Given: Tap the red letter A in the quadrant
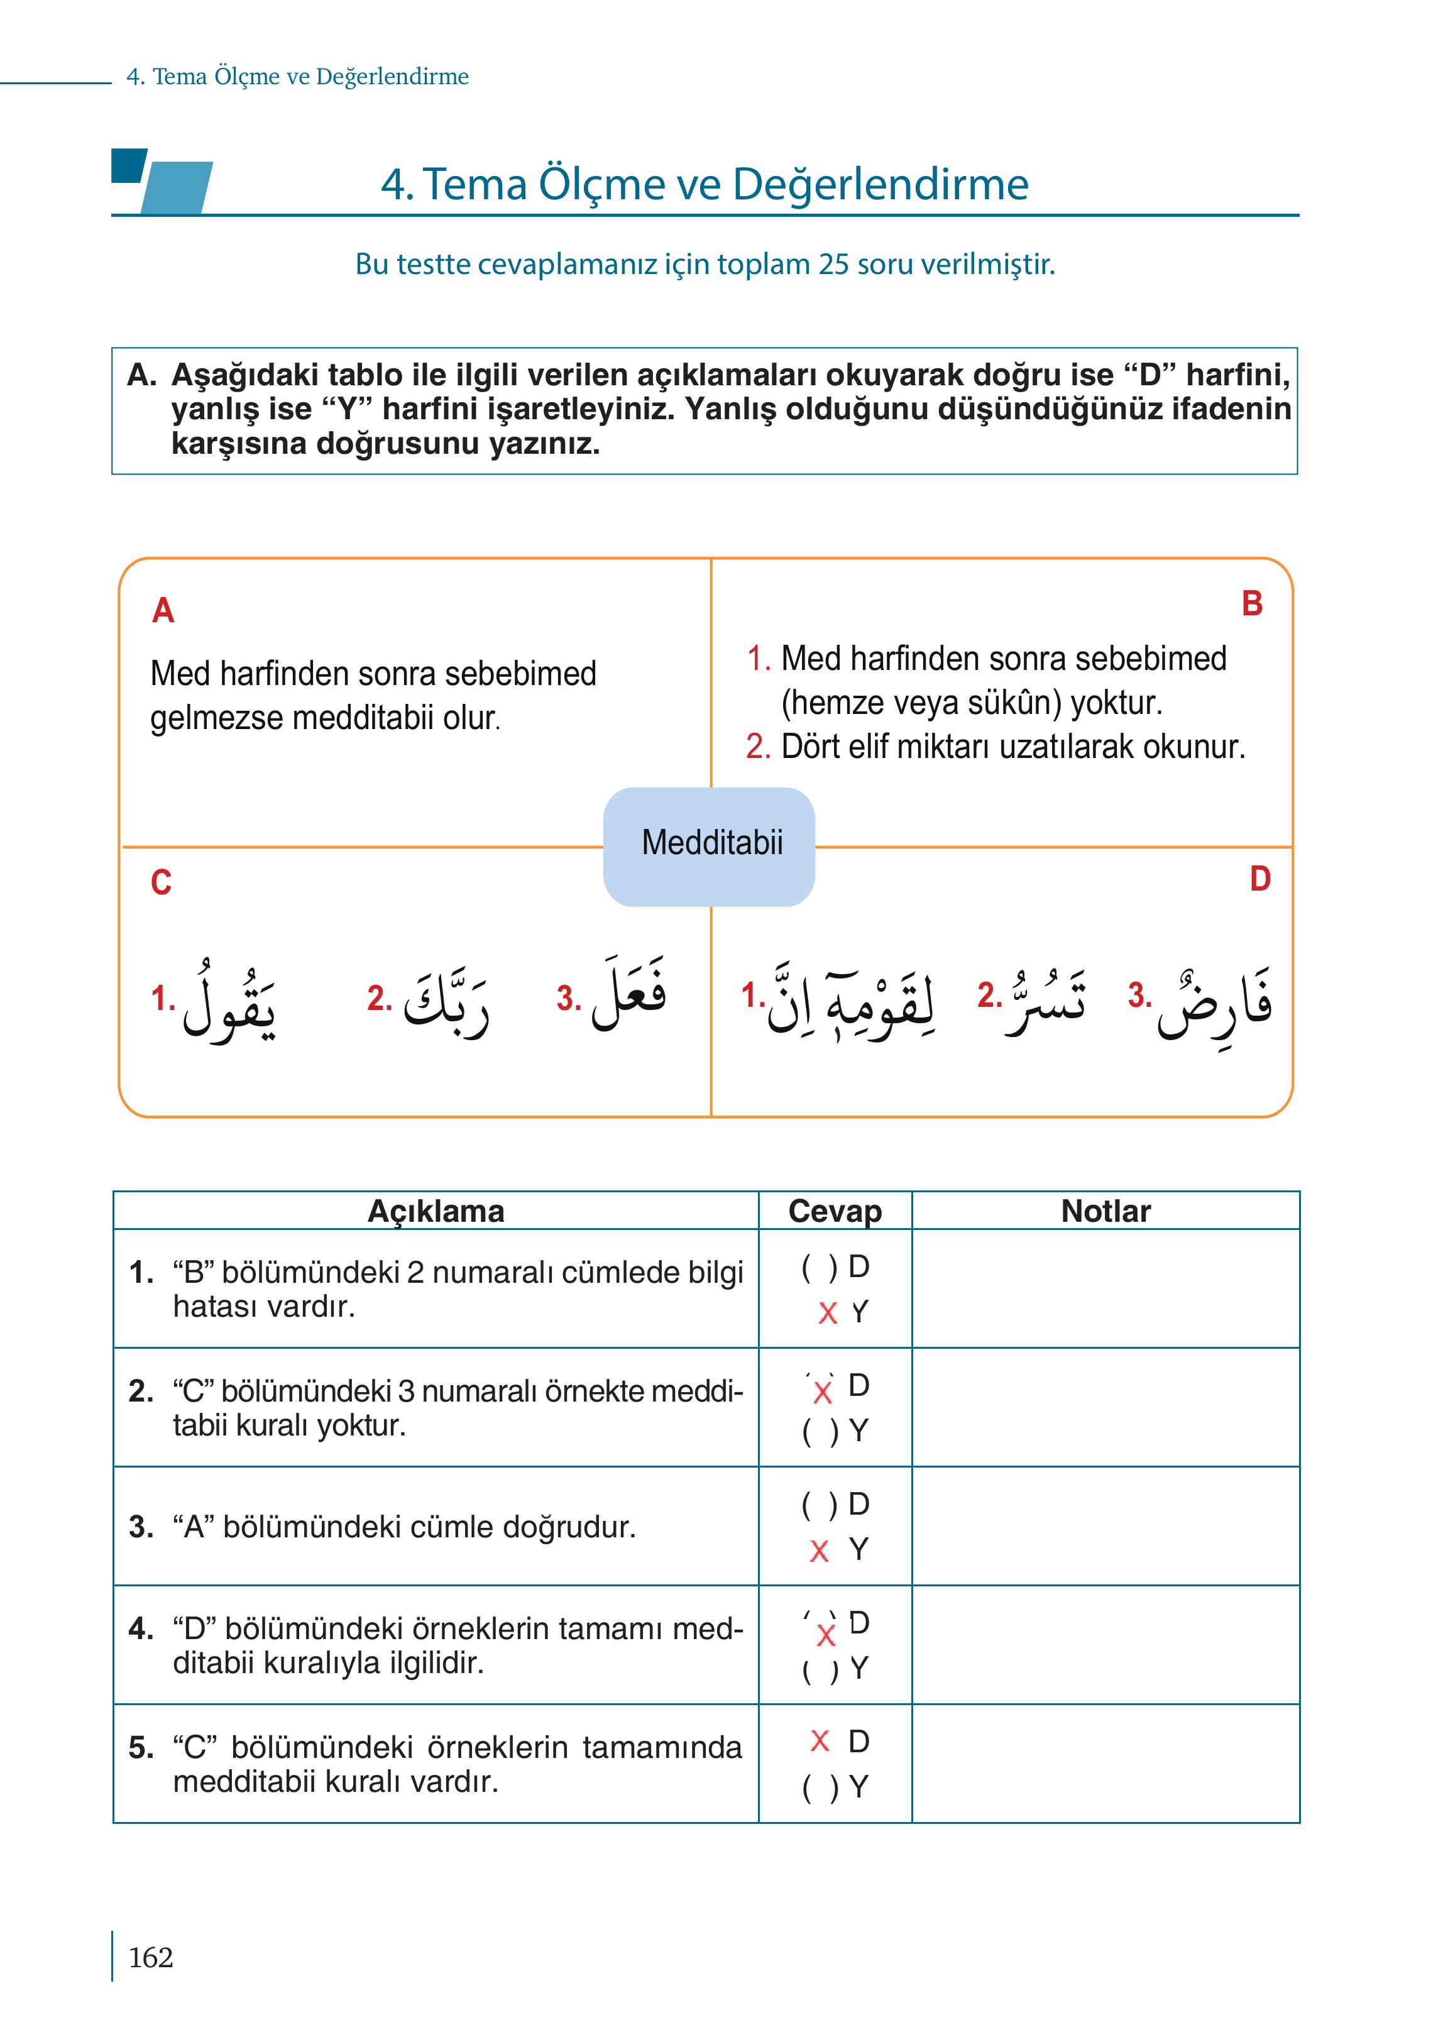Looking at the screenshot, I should [163, 612].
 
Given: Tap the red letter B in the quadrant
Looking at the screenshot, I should [1252, 605].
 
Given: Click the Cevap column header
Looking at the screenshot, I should [835, 1211].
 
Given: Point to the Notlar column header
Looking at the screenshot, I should [1105, 1211].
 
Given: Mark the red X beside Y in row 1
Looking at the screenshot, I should [828, 1312].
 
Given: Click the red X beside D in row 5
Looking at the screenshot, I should [820, 1740].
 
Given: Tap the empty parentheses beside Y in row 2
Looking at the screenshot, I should [820, 1431].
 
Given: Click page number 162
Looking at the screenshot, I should [151, 1957].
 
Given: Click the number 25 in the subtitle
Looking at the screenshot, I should [834, 265].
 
